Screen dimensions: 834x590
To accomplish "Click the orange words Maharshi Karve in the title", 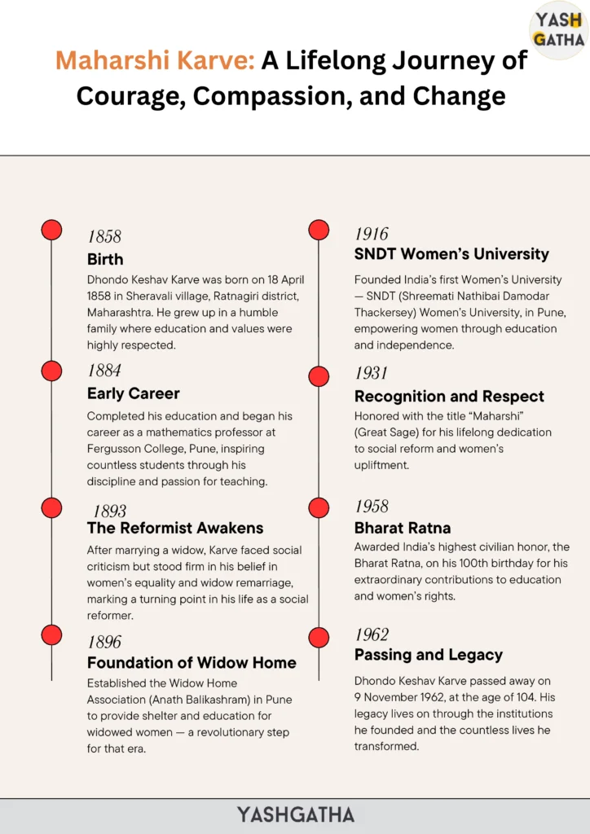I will click(x=155, y=60).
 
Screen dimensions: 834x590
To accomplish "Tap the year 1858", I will click(x=104, y=237).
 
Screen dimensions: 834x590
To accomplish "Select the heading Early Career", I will click(x=134, y=393).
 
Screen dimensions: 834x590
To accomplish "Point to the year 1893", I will click(x=109, y=511).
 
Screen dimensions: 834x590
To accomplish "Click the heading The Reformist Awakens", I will click(x=175, y=528).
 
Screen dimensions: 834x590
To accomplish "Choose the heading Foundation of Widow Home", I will click(x=192, y=662).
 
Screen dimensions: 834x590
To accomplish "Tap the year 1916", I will click(x=372, y=234).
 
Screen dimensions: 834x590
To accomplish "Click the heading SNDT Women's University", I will click(x=451, y=254).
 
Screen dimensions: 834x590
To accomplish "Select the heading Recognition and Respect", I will click(x=449, y=397).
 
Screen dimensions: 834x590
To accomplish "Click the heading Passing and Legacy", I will click(x=429, y=655).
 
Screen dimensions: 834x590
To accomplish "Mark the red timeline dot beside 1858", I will click(x=51, y=230).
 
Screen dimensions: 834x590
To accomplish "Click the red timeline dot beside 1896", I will click(x=51, y=635).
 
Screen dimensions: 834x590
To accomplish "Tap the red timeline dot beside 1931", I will click(x=319, y=376).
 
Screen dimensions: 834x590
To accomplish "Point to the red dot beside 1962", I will click(x=319, y=638).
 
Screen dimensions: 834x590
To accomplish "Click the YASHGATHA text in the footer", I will click(x=296, y=814).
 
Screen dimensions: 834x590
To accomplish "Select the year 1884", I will click(x=104, y=371).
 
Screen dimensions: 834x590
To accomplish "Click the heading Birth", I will click(x=105, y=260).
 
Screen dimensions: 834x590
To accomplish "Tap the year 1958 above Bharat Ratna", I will click(x=372, y=507).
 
